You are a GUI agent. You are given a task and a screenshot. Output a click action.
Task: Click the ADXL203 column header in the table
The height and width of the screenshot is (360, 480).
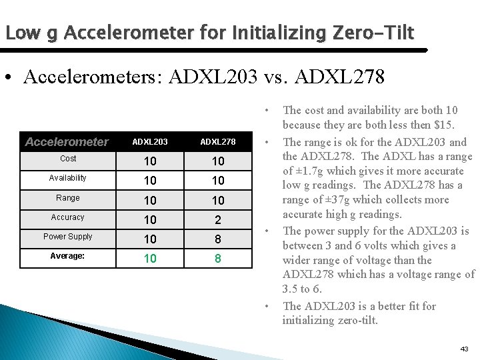(150, 141)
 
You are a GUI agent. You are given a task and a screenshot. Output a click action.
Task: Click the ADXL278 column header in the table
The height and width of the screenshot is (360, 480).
(218, 141)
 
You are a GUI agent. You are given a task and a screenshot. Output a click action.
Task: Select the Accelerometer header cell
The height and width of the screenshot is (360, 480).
(66, 141)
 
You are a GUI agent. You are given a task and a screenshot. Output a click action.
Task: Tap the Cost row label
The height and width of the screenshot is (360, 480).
(68, 159)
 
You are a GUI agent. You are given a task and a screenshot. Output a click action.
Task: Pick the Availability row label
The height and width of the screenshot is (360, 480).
(68, 178)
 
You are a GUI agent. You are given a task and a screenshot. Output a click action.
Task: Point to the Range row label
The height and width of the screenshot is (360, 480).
(68, 198)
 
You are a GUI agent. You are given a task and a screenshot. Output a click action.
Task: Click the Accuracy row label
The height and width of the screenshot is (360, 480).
(68, 217)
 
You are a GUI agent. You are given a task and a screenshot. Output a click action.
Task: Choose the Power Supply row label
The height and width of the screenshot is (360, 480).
(68, 237)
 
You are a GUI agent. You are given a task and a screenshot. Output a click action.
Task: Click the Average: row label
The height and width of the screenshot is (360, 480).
(68, 256)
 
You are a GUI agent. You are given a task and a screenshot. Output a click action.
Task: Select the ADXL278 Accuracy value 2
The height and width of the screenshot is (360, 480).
(218, 219)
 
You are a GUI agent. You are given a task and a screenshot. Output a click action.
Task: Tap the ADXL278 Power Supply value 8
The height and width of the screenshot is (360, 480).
(218, 239)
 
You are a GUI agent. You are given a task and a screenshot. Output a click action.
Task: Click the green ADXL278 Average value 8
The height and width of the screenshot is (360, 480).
(218, 258)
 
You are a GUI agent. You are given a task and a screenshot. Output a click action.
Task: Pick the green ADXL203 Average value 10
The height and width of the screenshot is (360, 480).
(150, 258)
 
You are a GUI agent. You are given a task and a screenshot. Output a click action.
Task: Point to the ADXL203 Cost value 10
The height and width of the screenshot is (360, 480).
(150, 161)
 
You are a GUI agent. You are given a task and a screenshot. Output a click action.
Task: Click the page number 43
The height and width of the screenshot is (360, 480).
(464, 349)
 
